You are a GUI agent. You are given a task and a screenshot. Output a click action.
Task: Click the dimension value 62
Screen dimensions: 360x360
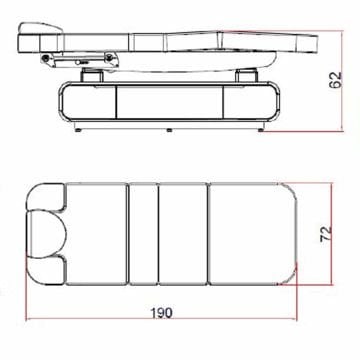point(337,80)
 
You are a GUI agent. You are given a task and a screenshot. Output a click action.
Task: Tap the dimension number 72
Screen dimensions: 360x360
point(326,234)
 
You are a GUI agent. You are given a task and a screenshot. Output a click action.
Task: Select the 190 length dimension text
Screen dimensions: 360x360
point(162,313)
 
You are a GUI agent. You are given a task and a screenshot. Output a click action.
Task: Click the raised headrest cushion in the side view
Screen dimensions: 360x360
point(41,29)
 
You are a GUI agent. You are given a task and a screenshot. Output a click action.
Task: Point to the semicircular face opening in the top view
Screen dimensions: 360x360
point(47,234)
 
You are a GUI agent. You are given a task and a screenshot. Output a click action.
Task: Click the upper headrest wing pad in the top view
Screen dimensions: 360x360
point(45,197)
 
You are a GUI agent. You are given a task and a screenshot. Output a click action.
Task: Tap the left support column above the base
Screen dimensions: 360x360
point(92,75)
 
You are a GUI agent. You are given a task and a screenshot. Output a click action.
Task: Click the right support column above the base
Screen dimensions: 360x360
point(247,75)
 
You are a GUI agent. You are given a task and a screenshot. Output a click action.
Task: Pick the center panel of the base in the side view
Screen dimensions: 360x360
point(169,102)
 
